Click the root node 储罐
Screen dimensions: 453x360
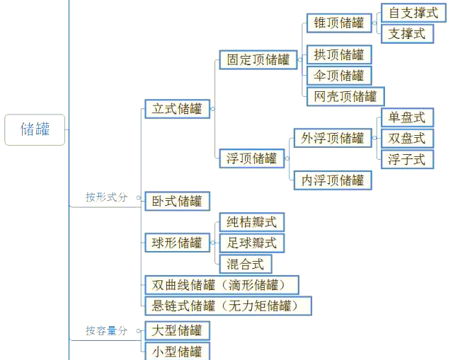[x=35, y=129]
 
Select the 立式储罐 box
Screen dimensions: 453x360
[x=177, y=109]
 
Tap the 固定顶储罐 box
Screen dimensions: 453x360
[x=258, y=59]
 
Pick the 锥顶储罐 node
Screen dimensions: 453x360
[x=339, y=23]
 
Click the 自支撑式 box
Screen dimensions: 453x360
[x=413, y=13]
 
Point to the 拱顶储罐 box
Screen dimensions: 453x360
[x=339, y=54]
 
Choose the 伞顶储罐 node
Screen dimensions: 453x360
[x=339, y=76]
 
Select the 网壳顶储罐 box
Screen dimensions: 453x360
[x=345, y=96]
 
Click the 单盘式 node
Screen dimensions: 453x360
[x=408, y=117]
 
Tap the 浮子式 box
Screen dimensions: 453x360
[x=408, y=159]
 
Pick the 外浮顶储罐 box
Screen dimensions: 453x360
[x=333, y=138]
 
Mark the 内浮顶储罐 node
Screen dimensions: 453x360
[x=333, y=180]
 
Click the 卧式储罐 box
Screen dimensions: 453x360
[x=177, y=201]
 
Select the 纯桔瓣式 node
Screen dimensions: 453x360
[x=252, y=222]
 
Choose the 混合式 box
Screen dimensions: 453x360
[x=246, y=264]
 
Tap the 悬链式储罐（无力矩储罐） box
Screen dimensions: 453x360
[x=228, y=306]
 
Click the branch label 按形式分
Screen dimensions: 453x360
[x=106, y=197]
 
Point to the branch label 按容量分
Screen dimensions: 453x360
[x=106, y=330]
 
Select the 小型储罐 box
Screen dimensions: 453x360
[x=177, y=352]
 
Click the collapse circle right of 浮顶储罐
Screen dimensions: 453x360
[x=287, y=158]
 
